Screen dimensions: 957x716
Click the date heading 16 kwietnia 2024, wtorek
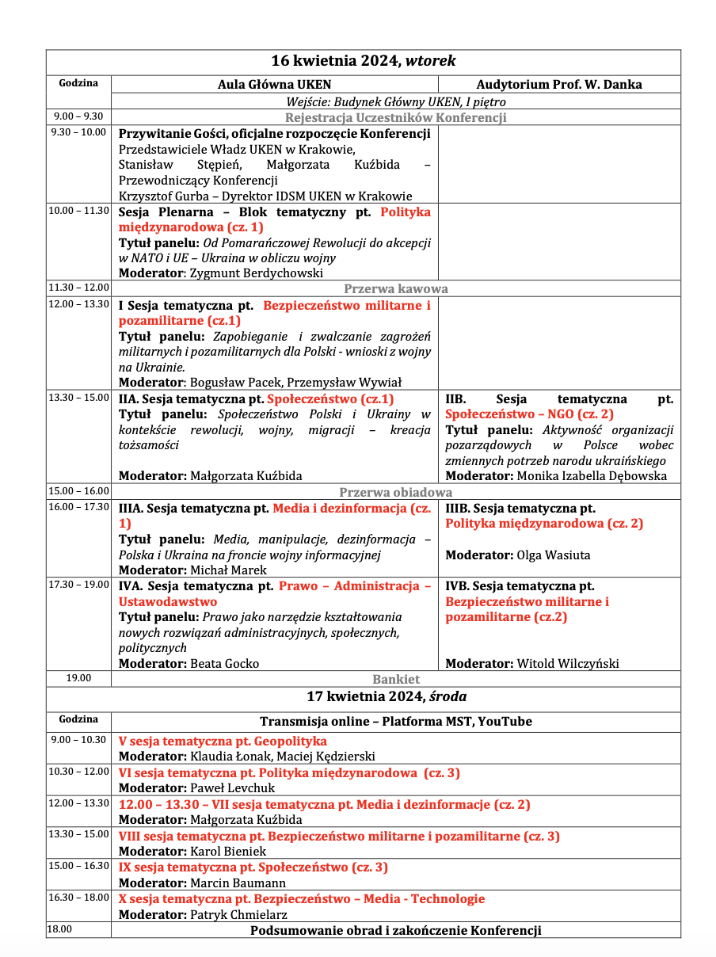tap(364, 61)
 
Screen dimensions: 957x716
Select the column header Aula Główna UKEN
tap(274, 85)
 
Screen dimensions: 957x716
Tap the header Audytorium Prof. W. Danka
tap(559, 85)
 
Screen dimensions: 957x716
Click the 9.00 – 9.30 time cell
tap(78, 116)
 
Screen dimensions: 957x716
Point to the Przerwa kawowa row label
tap(395, 289)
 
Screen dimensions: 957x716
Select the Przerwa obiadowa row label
tap(395, 492)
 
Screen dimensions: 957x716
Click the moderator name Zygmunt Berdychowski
tap(257, 273)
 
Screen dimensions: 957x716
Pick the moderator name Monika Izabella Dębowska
tap(592, 476)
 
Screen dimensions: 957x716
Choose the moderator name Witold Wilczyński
tap(567, 664)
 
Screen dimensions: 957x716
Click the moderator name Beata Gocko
tap(224, 664)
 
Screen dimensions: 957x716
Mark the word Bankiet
tap(395, 679)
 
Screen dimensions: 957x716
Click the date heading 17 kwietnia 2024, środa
tap(387, 697)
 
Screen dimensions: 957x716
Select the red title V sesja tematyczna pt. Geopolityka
tap(223, 742)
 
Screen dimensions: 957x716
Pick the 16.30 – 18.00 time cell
tap(78, 898)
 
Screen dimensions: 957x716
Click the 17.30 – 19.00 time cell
tap(78, 585)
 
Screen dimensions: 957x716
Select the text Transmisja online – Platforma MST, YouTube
tap(395, 722)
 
